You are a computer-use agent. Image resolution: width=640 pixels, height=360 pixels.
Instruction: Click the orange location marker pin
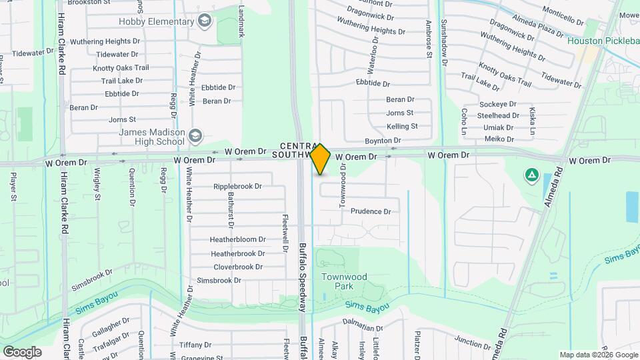pyautogui.click(x=321, y=159)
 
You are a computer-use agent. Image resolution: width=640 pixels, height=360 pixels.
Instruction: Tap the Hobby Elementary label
pyautogui.click(x=156, y=22)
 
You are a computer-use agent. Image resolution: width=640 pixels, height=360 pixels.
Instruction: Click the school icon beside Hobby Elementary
pyautogui.click(x=204, y=21)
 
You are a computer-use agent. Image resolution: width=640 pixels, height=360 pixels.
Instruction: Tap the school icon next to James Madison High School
pyautogui.click(x=195, y=136)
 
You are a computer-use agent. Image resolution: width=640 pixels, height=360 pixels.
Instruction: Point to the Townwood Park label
pyautogui.click(x=344, y=281)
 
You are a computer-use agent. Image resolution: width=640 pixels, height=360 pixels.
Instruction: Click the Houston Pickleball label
pyautogui.click(x=603, y=41)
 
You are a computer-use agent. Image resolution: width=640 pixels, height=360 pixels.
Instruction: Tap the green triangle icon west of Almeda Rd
pyautogui.click(x=532, y=175)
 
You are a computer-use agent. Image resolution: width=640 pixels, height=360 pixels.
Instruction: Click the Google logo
pyautogui.click(x=22, y=352)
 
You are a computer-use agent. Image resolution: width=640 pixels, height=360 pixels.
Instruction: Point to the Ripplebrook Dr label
pyautogui.click(x=237, y=186)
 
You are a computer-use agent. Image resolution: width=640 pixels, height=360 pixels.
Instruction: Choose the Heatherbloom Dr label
pyautogui.click(x=237, y=239)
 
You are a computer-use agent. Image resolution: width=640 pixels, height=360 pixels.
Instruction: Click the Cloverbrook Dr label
pyautogui.click(x=237, y=267)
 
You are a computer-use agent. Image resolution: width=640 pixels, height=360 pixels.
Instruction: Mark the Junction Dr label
pyautogui.click(x=473, y=344)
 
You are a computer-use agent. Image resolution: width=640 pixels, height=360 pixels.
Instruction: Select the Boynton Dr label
pyautogui.click(x=383, y=141)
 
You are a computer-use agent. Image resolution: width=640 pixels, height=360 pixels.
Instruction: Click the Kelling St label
pyautogui.click(x=402, y=126)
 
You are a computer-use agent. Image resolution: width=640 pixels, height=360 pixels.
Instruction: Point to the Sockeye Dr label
pyautogui.click(x=497, y=104)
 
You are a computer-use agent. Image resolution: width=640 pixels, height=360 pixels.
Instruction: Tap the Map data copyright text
pyautogui.click(x=599, y=355)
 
